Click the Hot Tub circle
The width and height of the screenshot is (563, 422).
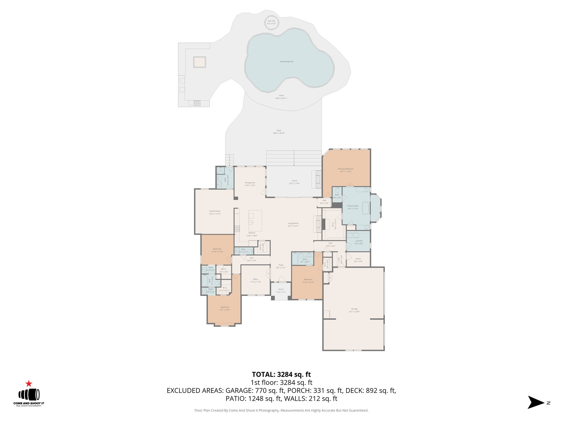pyautogui.click(x=272, y=22)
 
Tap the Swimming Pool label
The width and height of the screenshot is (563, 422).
pyautogui.click(x=286, y=62)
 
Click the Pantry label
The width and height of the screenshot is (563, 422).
pyautogui.click(x=260, y=247)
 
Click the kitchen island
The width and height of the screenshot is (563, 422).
pyautogui.click(x=255, y=221)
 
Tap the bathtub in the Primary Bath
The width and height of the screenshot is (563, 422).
pyautogui.click(x=365, y=208)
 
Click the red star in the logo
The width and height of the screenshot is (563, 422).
pyautogui.click(x=29, y=384)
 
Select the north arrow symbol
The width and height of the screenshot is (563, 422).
pyautogui.click(x=536, y=402)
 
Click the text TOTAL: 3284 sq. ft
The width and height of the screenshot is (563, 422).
pyautogui.click(x=281, y=374)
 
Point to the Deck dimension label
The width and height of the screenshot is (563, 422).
pyautogui.click(x=279, y=133)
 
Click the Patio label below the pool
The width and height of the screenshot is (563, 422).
pyautogui.click(x=281, y=96)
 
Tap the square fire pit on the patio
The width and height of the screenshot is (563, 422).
pyautogui.click(x=200, y=62)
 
